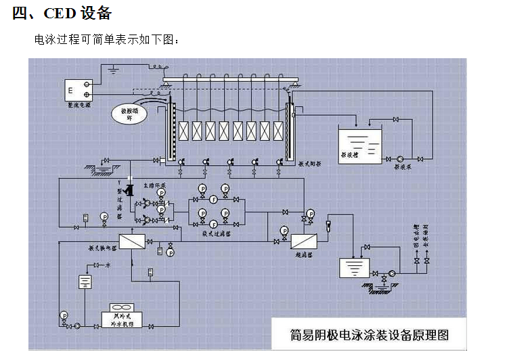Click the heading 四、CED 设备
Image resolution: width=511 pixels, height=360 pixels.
click(x=62, y=14)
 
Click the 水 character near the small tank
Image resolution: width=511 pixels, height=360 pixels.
click(x=107, y=266)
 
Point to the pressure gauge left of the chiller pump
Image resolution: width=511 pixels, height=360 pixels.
click(x=64, y=315)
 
